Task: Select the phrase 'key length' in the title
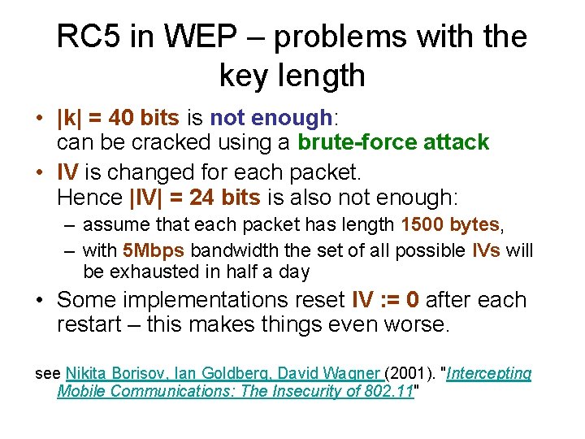point(292,76)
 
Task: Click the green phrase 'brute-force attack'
point(393,142)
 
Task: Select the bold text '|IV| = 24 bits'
point(195,198)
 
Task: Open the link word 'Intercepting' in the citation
point(490,373)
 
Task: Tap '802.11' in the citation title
point(388,391)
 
